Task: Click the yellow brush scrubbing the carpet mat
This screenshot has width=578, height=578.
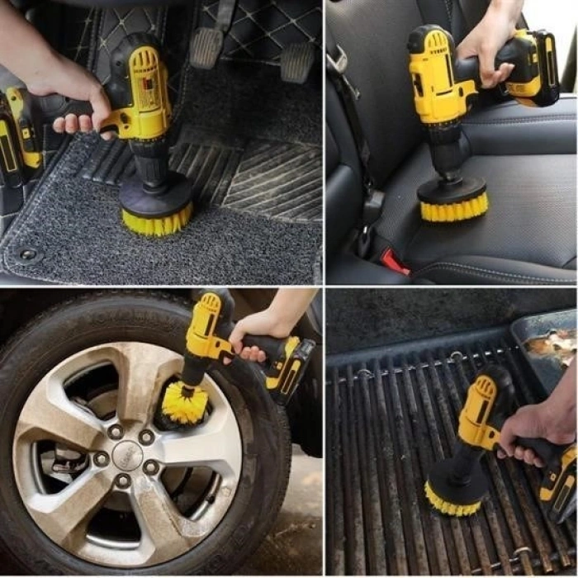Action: tap(156, 217)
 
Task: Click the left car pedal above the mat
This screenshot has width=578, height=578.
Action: tap(206, 47)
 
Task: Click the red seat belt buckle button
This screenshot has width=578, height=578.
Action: tap(395, 262)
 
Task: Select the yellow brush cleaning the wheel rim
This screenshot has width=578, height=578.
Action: tap(183, 404)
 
